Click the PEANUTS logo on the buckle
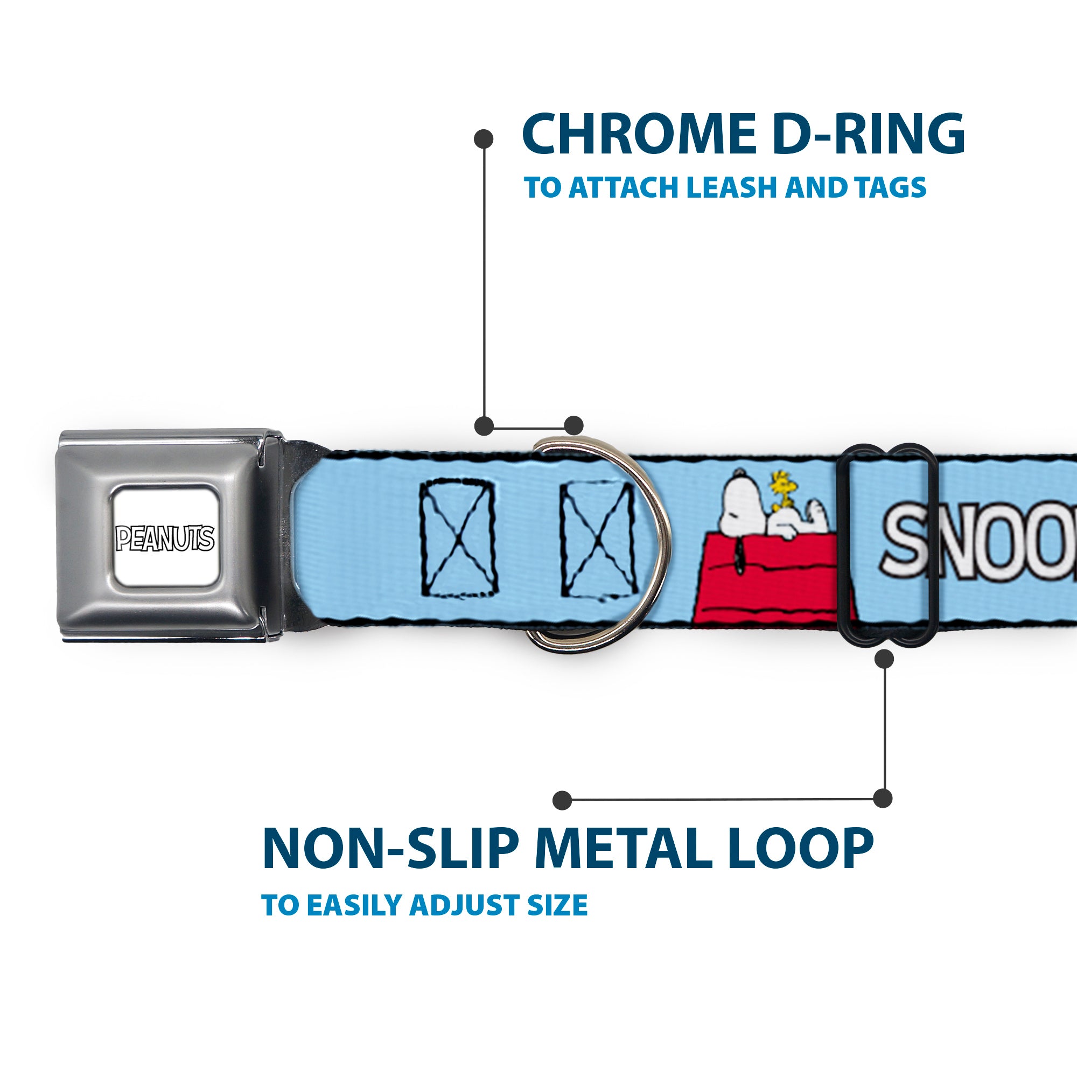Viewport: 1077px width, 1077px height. tap(164, 538)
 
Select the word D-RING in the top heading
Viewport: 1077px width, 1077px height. tap(870, 135)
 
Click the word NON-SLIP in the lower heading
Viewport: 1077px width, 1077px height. tap(390, 849)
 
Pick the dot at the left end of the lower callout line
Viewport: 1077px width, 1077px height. tap(563, 801)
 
